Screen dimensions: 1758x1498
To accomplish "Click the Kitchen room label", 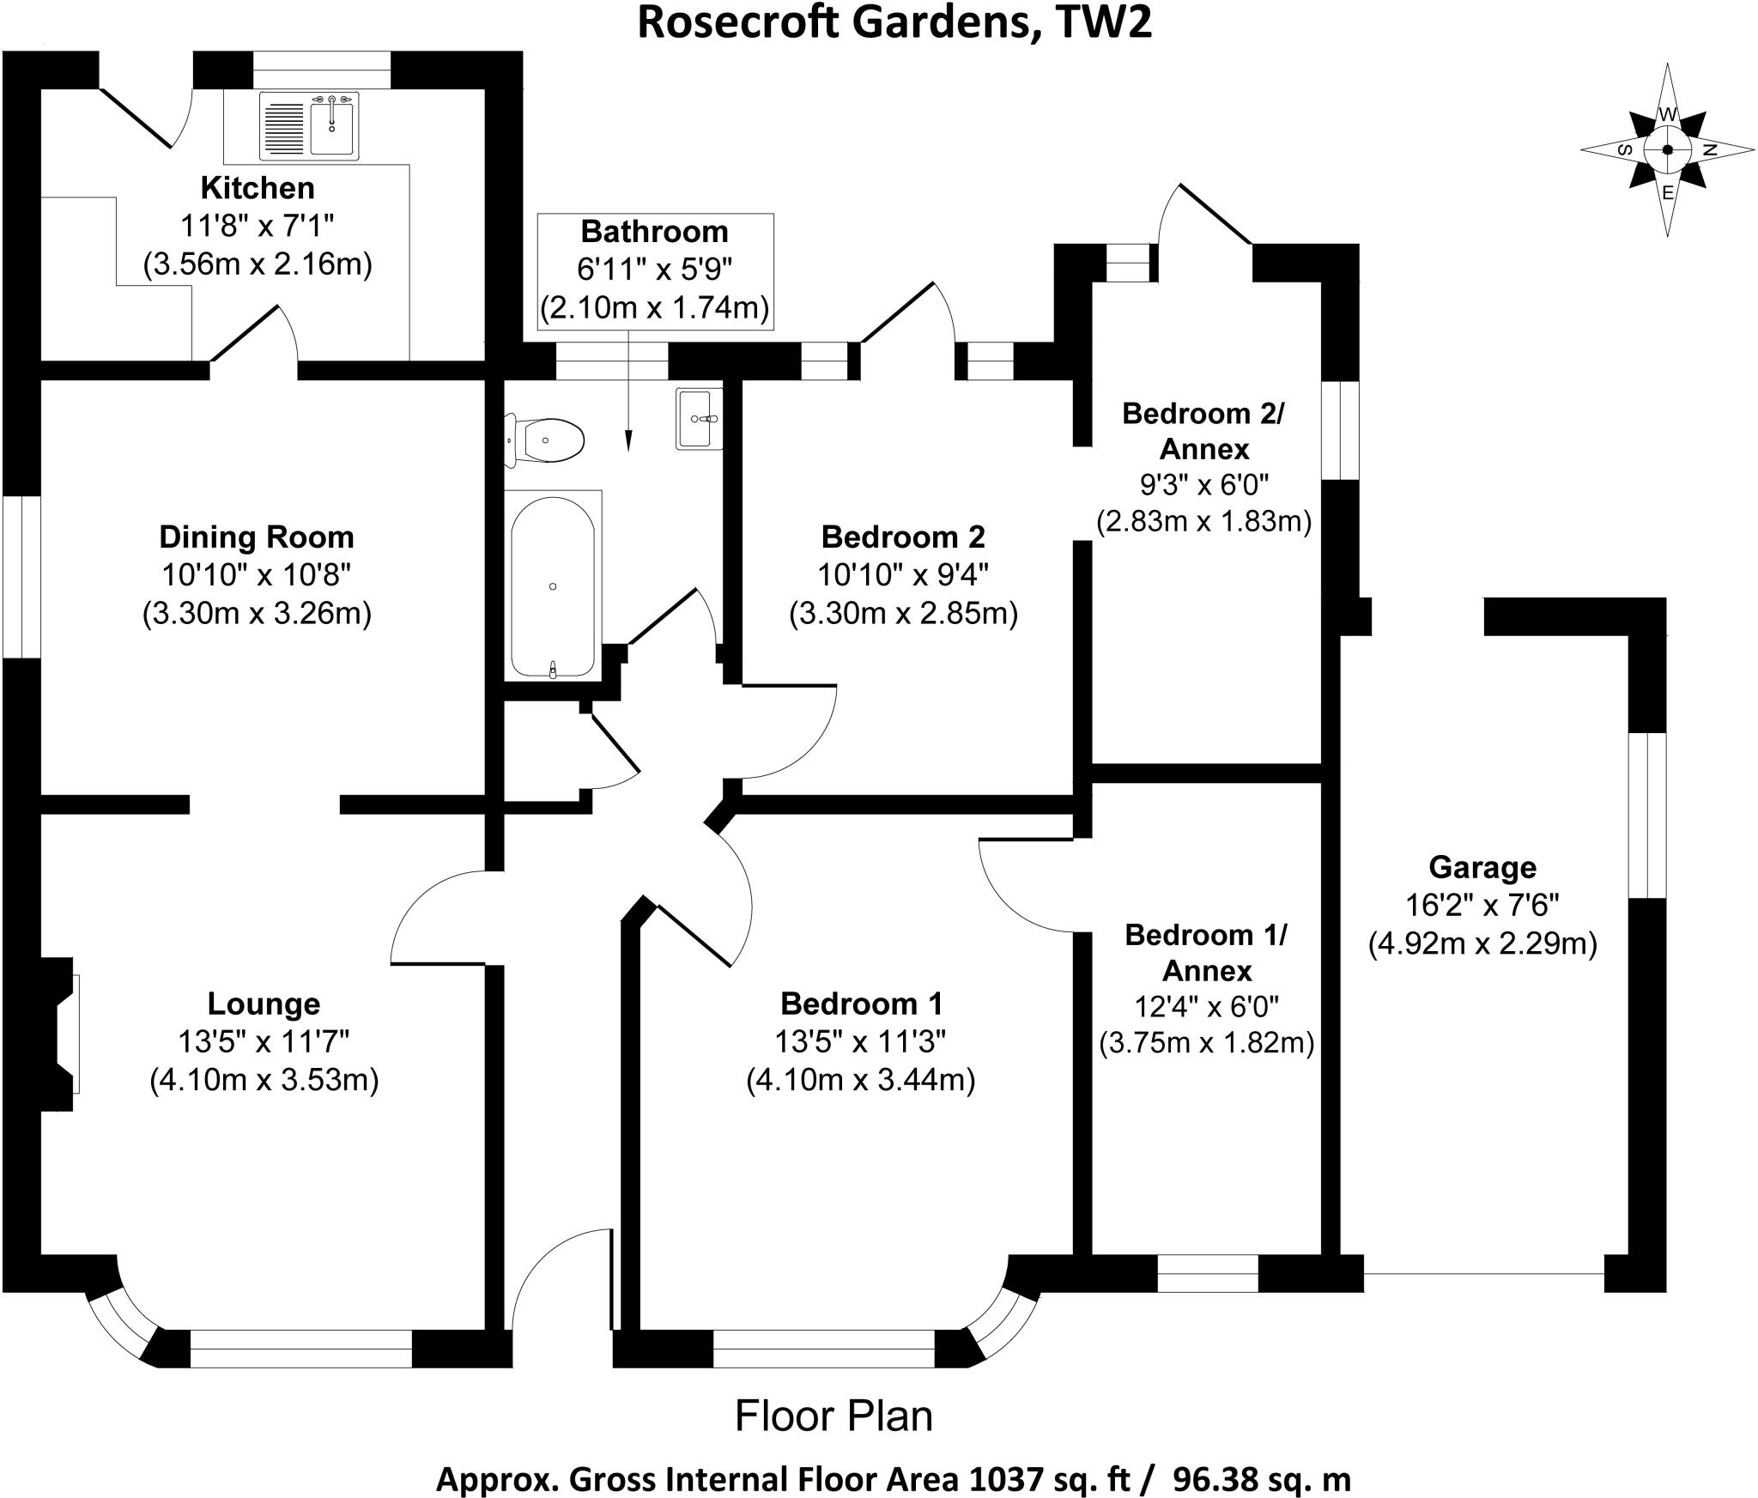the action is point(258,187).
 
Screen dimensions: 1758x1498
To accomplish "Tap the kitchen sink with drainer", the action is point(308,126).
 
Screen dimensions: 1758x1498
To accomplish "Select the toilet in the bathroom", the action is point(544,441).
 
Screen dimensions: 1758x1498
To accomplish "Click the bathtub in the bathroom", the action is point(553,586).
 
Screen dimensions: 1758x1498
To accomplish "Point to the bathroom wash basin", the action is point(700,418).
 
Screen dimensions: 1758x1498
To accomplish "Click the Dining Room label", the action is point(257,537).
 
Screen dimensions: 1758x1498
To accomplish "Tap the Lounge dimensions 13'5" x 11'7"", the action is point(264,1041).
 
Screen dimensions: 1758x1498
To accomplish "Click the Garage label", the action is point(1482,868).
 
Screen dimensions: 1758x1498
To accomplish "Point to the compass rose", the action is point(1667,150).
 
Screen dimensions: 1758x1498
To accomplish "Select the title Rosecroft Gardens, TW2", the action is point(894,23).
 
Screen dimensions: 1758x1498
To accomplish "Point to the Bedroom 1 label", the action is point(861,1003).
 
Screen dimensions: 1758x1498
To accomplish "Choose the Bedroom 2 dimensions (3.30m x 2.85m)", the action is point(904,614).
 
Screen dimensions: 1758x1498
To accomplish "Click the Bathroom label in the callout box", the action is point(655,232).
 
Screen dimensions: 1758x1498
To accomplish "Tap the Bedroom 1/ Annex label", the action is point(1206,953).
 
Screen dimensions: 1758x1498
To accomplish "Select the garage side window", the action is point(1648,815).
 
